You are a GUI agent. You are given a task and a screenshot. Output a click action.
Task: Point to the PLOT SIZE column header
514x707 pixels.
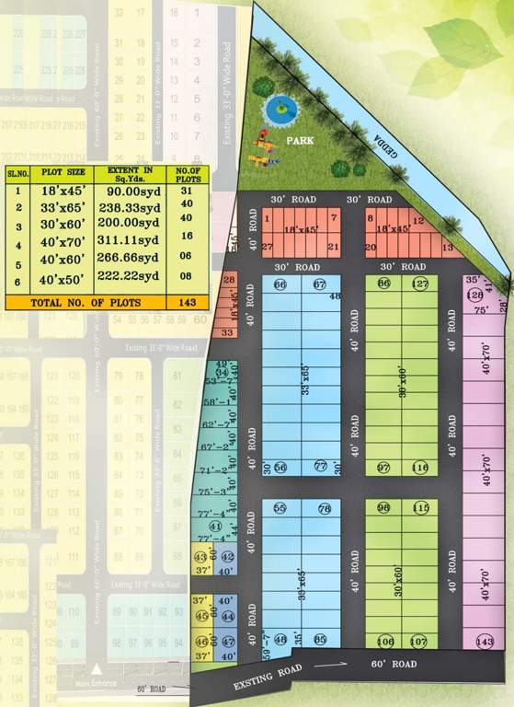tap(63, 172)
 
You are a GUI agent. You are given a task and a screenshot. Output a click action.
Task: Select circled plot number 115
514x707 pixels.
tap(421, 508)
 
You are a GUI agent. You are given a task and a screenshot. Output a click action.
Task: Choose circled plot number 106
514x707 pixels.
tap(385, 642)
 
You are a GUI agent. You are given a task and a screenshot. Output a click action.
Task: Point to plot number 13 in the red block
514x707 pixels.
tap(448, 248)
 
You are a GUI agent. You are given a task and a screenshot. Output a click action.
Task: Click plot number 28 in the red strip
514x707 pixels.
tap(229, 279)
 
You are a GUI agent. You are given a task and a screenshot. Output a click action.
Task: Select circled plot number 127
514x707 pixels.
tap(420, 284)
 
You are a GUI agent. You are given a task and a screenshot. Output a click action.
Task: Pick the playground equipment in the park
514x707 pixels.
tap(262, 147)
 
